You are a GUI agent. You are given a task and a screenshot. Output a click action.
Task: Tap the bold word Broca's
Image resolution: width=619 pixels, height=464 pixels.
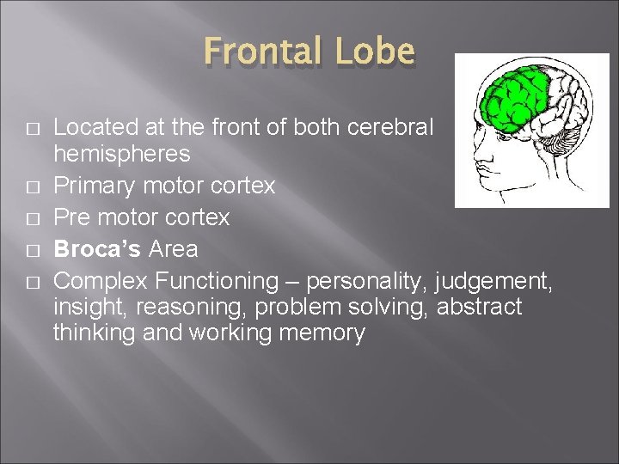(97, 250)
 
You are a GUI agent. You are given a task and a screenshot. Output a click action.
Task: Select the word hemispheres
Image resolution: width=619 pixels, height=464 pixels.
(122, 155)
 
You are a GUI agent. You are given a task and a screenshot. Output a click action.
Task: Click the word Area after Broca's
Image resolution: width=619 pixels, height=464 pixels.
(173, 250)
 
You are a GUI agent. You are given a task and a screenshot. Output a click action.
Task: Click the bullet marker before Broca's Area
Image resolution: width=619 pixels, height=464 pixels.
(32, 251)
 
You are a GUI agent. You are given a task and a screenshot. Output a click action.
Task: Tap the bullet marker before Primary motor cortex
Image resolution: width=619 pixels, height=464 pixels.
(32, 186)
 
